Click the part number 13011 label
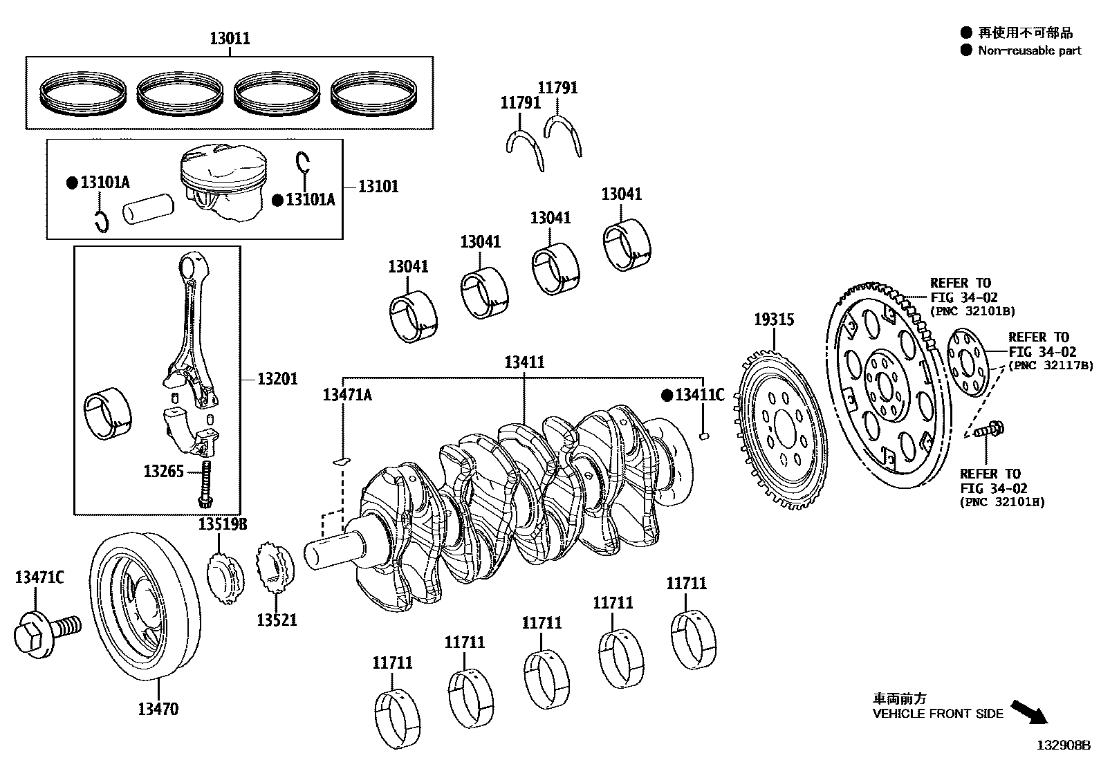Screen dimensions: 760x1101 230,39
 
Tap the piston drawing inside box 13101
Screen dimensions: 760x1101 223,183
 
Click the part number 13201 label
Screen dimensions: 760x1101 277,379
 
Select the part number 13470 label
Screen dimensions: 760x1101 158,709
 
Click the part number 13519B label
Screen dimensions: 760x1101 223,524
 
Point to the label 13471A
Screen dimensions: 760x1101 347,395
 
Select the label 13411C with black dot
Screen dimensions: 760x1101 699,396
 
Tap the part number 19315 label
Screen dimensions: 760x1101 773,320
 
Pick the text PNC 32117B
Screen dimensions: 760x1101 1051,366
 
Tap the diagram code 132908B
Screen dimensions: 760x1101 1063,745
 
